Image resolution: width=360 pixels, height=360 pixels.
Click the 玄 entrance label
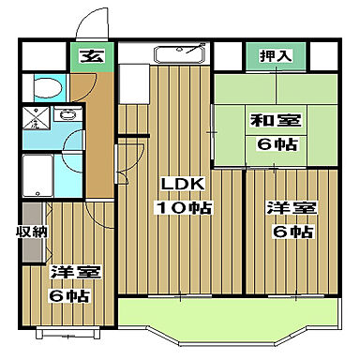pyautogui.click(x=92, y=56)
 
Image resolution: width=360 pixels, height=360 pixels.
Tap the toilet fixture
pyautogui.click(x=46, y=89)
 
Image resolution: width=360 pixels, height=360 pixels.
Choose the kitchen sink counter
pyautogui.click(x=178, y=54)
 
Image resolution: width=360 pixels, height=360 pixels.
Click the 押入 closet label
pyautogui.click(x=276, y=56)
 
